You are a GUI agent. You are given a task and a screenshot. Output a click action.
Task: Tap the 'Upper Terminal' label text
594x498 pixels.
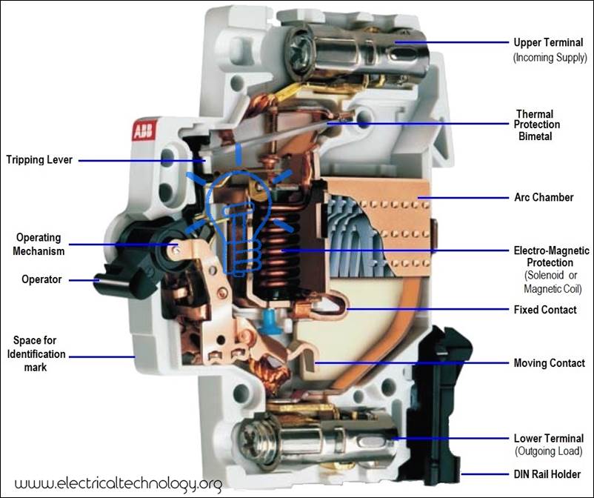tap(547, 42)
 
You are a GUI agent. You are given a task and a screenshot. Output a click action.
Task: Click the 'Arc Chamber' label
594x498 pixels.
tap(544, 198)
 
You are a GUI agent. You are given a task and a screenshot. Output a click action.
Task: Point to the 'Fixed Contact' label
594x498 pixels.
tap(545, 309)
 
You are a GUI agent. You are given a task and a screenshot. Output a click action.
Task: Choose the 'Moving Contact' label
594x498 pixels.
tap(549, 363)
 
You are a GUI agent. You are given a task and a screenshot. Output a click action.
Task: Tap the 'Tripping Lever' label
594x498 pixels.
tap(39, 160)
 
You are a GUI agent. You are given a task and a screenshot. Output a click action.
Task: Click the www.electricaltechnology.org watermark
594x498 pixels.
tap(119, 483)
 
